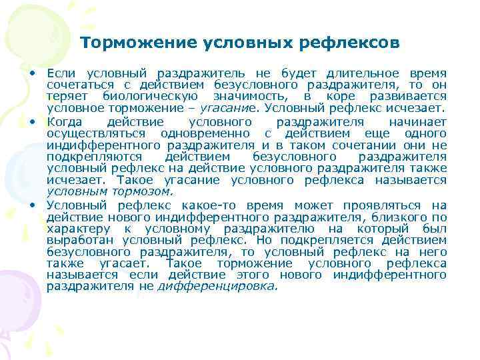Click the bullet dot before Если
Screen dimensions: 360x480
31,71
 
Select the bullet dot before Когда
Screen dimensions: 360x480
31,122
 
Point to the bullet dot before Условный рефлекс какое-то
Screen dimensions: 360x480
31,203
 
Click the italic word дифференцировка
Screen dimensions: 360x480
216,286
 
